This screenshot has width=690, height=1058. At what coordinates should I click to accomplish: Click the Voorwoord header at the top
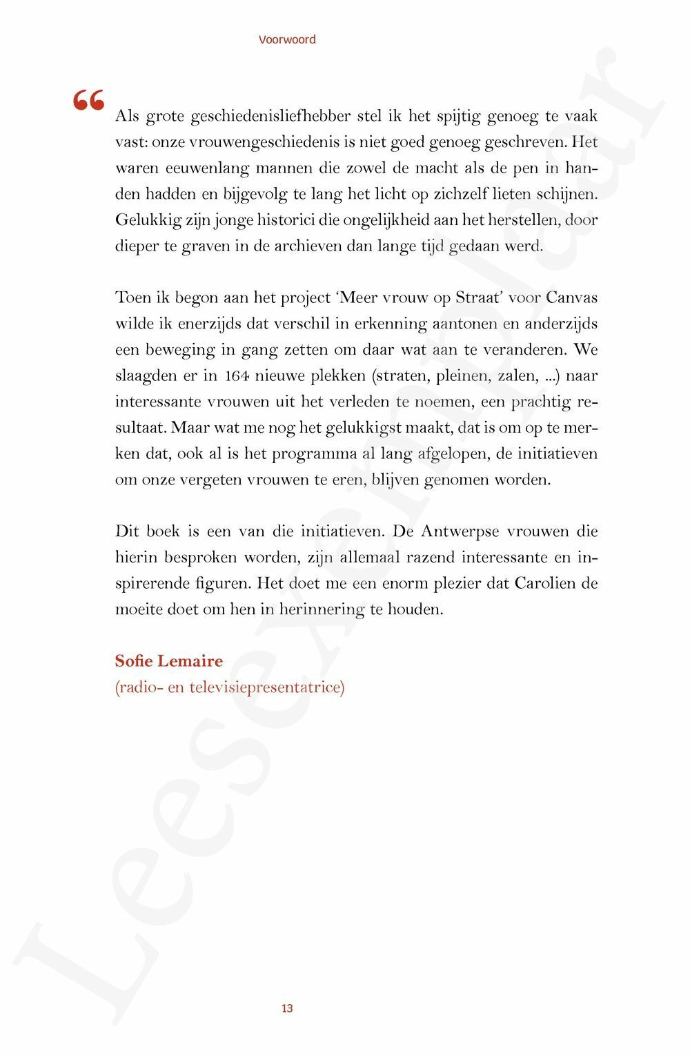click(x=287, y=39)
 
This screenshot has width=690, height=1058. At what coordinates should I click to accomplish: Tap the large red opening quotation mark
click(x=89, y=101)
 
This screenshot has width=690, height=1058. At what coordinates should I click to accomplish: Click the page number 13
click(x=287, y=1008)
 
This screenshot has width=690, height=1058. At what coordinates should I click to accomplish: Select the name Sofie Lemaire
click(x=169, y=660)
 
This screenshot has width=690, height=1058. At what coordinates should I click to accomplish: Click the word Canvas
click(x=571, y=297)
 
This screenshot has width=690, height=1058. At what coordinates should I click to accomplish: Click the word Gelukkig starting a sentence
click(x=148, y=220)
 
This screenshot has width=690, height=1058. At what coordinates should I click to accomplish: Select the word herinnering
click(x=321, y=609)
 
